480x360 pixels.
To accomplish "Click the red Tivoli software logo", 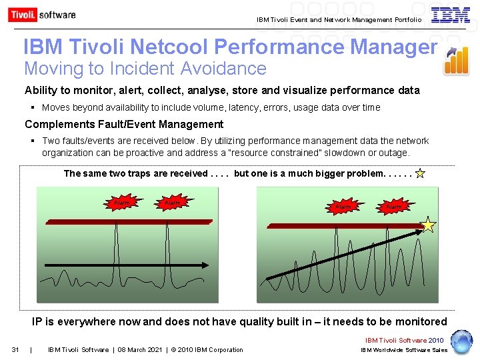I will [41, 15].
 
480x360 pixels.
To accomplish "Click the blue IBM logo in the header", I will [450, 15].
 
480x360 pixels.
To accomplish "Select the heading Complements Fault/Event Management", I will [124, 124].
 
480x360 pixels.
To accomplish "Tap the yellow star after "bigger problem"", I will [419, 174].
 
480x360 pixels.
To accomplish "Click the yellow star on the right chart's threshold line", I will [427, 225].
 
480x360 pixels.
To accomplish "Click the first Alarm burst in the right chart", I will [343, 207].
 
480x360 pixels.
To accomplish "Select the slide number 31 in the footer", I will [16, 350].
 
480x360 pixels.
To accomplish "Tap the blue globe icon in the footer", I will [461, 341].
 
